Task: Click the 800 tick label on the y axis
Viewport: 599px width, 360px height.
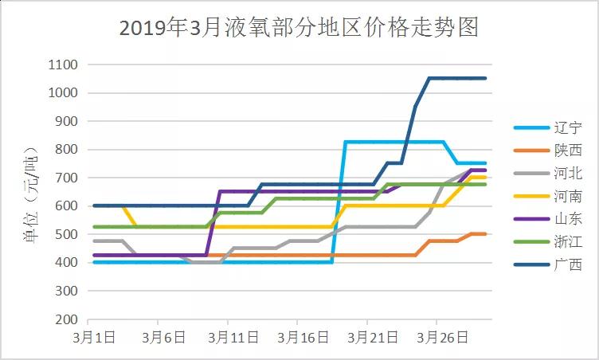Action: coord(67,150)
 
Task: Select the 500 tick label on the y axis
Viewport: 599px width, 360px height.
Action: coord(67,234)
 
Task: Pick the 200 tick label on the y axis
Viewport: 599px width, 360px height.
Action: coord(67,319)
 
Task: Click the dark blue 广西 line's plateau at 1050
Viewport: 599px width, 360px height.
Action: coord(458,78)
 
